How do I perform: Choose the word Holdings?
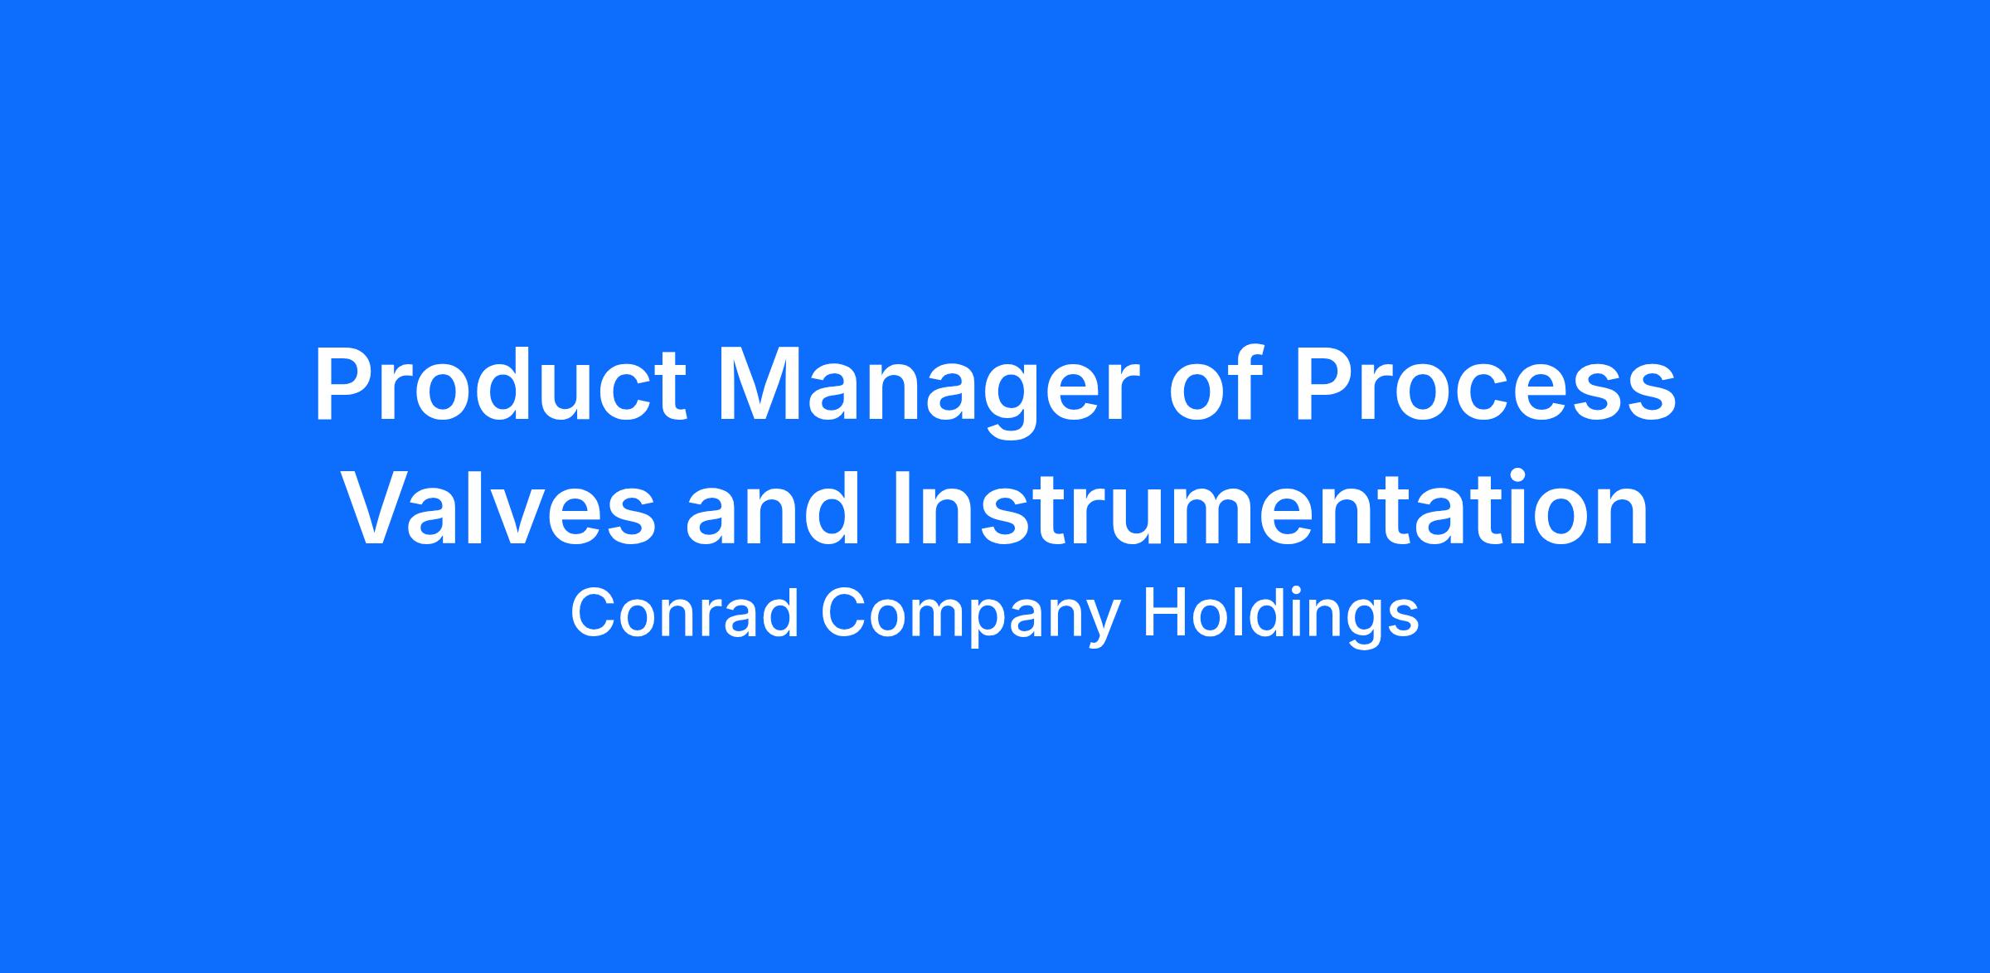1281,618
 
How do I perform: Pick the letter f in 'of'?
1244,385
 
